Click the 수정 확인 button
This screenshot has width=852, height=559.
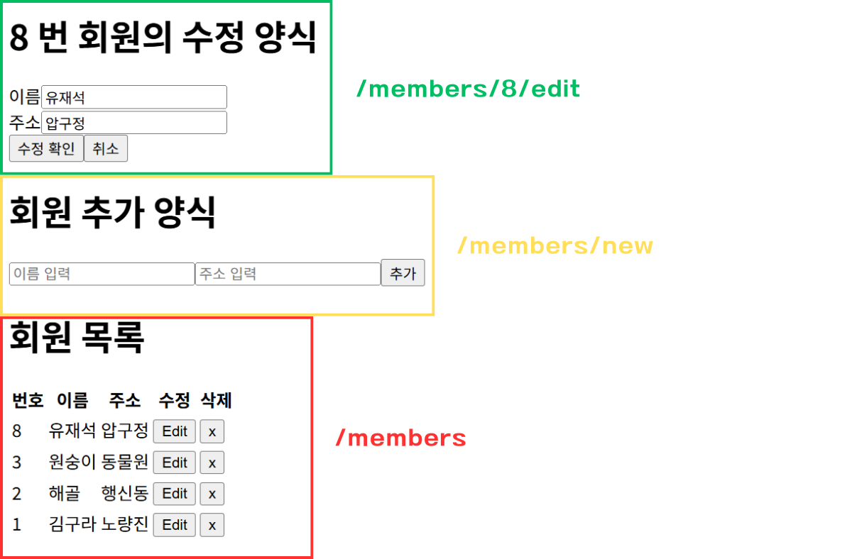click(x=46, y=148)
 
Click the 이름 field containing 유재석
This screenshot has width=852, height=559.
click(x=134, y=97)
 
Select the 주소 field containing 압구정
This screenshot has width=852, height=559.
click(x=134, y=122)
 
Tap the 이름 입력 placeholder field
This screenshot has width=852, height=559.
click(x=102, y=274)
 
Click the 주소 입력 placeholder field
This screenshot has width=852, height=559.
click(x=288, y=274)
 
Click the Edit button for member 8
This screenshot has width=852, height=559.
click(x=175, y=431)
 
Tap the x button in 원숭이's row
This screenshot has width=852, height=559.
click(x=212, y=463)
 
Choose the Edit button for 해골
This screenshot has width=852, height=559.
click(x=175, y=494)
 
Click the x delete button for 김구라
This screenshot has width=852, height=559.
click(x=212, y=525)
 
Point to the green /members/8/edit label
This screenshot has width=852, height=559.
click(x=468, y=89)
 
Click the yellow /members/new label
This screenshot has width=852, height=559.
click(x=555, y=245)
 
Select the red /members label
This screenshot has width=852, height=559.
click(x=401, y=438)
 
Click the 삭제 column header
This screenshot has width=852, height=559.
click(x=216, y=400)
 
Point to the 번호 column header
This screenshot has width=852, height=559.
click(x=28, y=400)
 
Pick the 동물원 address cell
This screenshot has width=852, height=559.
click(x=125, y=462)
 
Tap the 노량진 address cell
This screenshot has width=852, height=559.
click(x=125, y=524)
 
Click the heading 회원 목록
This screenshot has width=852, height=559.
click(x=77, y=337)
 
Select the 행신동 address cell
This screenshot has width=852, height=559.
click(x=125, y=493)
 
